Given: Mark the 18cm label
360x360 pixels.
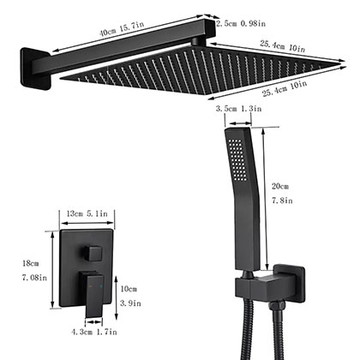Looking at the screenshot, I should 32,264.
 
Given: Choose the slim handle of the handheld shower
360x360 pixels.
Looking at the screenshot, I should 240,231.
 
